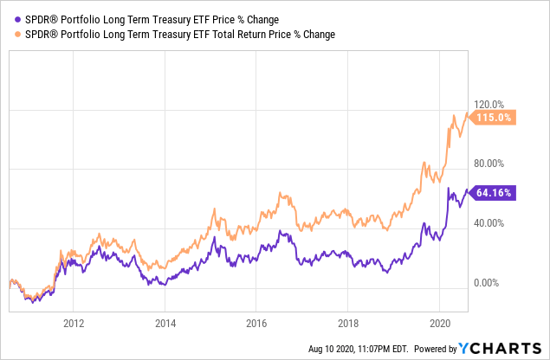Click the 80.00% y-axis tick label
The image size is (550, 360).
(489, 163)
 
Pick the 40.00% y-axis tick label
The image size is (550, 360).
(489, 222)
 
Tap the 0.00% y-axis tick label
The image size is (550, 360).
(489, 283)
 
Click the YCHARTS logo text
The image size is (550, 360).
(511, 348)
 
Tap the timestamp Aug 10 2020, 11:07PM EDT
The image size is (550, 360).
(358, 349)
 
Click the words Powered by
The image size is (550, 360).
(435, 349)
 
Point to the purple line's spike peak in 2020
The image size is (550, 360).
(449, 188)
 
